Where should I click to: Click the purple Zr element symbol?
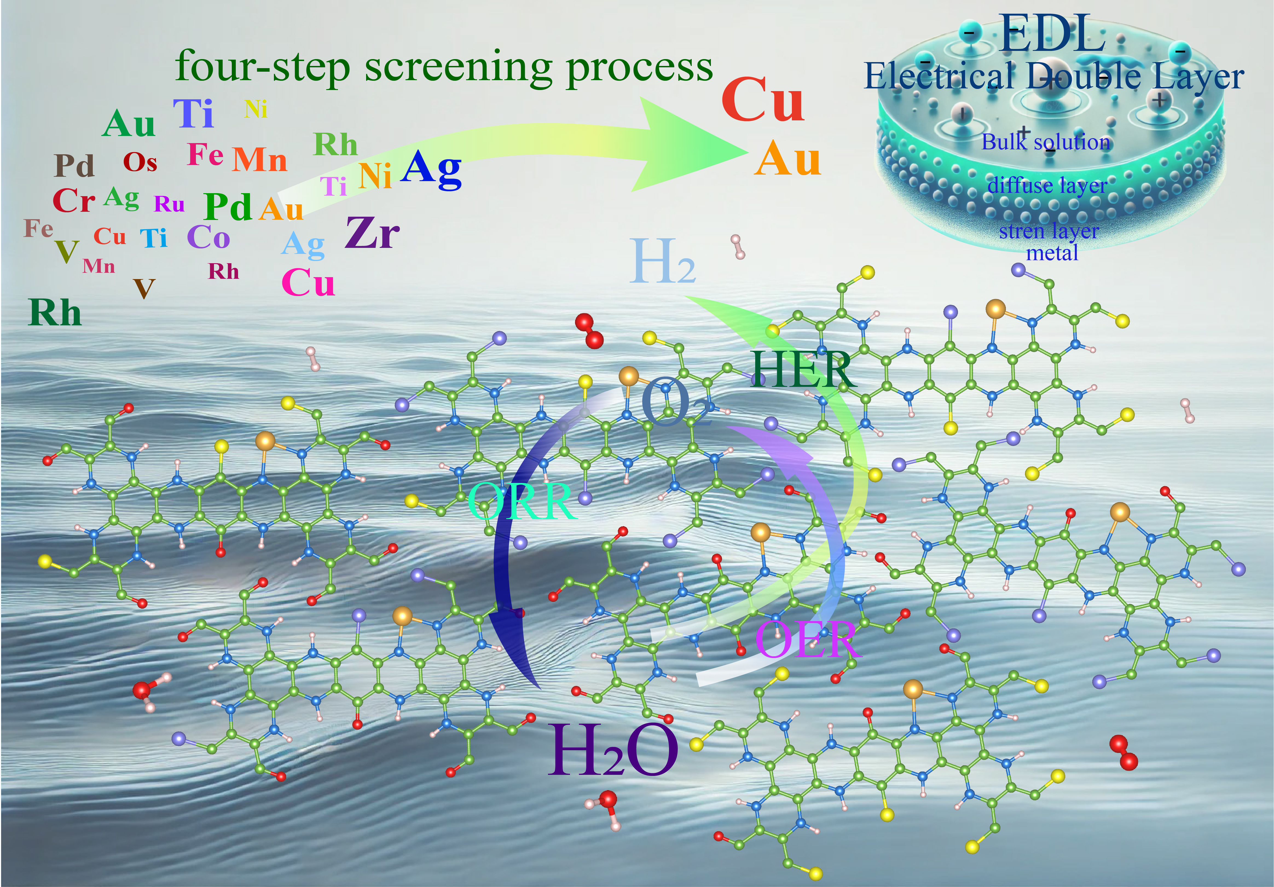[x=372, y=232]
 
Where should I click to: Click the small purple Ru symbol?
[x=169, y=204]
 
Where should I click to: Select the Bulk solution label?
[x=1046, y=142]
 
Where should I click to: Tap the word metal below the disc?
[x=1052, y=254]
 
